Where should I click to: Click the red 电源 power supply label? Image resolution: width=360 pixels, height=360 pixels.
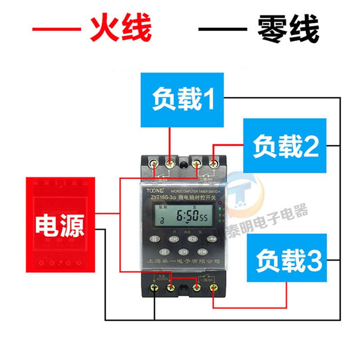(60, 225)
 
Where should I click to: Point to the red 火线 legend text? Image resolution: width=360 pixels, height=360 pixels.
(121, 29)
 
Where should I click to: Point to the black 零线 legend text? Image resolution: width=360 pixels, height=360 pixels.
(288, 29)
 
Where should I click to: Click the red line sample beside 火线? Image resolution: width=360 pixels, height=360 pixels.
(56, 30)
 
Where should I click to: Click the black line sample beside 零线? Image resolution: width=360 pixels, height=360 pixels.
(223, 30)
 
